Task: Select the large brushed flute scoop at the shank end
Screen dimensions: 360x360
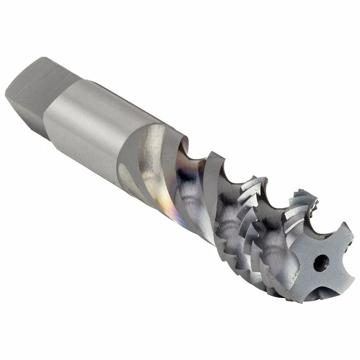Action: click(x=151, y=151)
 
